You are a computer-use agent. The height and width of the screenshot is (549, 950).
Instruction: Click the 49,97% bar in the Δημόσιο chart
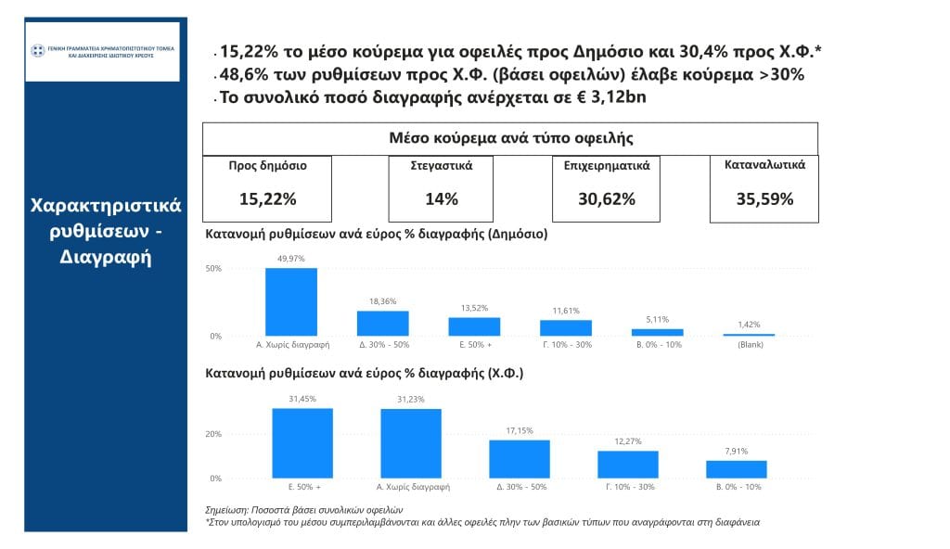291,302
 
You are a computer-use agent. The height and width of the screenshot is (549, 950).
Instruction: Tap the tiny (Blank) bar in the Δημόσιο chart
750,335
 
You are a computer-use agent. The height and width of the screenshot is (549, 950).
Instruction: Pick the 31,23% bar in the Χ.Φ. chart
411,443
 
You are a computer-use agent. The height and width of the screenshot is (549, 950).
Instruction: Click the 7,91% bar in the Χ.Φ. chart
737,469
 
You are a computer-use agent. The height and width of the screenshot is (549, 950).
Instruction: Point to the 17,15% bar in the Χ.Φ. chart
520,459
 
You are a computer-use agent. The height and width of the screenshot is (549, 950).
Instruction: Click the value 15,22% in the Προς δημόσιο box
267,198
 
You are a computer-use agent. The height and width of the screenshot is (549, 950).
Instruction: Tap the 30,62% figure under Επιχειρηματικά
606,198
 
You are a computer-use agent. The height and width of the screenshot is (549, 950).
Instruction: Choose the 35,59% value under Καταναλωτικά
764,198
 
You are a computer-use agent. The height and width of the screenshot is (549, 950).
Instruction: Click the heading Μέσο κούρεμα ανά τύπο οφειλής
510,138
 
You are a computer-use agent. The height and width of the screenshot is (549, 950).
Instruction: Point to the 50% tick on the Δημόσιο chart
213,269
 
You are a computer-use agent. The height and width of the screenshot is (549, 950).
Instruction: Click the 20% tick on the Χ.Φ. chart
213,434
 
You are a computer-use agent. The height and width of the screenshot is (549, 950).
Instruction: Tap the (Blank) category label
750,344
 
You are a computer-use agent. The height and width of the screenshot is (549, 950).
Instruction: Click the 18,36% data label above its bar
383,301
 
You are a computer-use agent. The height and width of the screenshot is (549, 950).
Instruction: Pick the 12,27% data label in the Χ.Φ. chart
628,441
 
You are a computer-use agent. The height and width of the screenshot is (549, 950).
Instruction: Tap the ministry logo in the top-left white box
38,50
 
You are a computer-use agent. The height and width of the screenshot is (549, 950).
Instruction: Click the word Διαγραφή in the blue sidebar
106,257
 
